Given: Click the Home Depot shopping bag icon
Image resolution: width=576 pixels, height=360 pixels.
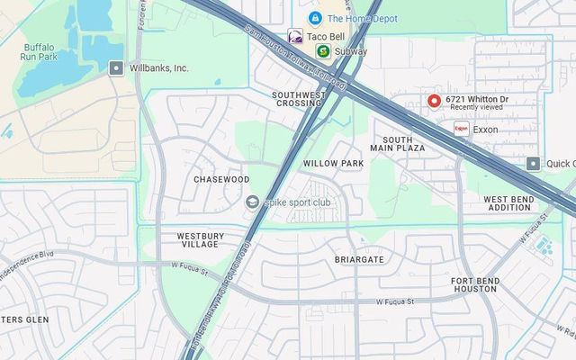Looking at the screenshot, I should point(315,18).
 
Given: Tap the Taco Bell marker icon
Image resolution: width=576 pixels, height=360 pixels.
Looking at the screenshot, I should point(294,36).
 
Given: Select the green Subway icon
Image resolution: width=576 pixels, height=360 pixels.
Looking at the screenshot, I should point(322,51).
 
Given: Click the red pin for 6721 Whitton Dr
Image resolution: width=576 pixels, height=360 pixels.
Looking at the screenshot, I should point(434,101).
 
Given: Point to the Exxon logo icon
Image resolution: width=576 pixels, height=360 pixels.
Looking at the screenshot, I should point(461,129).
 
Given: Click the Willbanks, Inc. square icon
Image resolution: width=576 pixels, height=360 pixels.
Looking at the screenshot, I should point(115,67).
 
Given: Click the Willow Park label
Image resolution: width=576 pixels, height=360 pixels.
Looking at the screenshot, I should point(333,163).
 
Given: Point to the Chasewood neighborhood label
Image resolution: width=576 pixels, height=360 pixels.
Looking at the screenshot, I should point(221,179).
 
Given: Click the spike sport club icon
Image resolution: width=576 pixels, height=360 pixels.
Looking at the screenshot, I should point(252,202).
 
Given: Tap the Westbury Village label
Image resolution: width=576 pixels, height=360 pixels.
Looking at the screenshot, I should point(198,240).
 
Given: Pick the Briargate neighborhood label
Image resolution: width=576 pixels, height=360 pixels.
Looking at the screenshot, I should point(359,259).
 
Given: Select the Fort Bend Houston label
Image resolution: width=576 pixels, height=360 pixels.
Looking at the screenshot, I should point(474,284).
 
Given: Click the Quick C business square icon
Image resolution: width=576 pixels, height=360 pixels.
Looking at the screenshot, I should point(534,163).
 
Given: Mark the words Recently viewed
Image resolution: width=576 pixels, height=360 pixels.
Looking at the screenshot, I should point(476,107).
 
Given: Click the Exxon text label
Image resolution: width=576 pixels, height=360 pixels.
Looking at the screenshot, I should point(485,130).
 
